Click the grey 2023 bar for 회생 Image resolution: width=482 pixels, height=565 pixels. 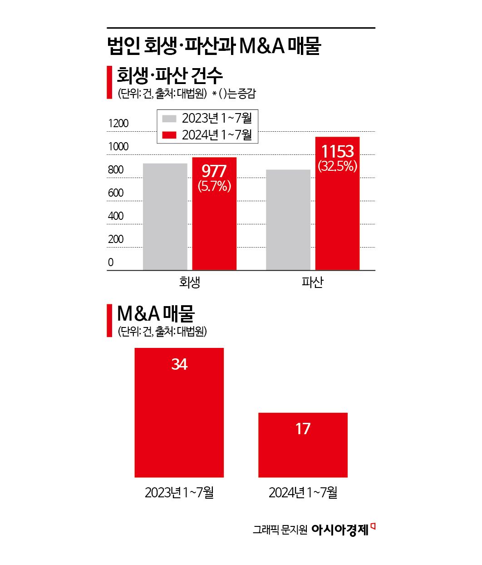(165, 217)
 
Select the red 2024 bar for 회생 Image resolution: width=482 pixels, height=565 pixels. (214, 227)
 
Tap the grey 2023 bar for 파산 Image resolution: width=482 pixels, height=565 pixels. (288, 220)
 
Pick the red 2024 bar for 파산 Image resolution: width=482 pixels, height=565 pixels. (337, 218)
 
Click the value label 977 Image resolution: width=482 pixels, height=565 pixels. (214, 171)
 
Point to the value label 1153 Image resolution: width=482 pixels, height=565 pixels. (337, 151)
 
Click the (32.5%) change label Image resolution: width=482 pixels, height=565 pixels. (338, 166)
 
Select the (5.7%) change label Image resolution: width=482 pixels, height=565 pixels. (214, 186)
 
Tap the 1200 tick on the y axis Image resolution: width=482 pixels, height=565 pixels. (118, 124)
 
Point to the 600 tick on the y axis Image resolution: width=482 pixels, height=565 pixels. (116, 193)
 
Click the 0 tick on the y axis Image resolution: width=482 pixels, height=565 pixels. (111, 263)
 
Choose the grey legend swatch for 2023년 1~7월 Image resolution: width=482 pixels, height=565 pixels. (169, 119)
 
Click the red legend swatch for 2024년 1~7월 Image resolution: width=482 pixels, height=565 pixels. (169, 135)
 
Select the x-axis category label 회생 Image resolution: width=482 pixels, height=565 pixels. (190, 282)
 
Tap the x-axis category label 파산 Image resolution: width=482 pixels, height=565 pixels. (312, 282)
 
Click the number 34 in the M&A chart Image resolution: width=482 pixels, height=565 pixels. (179, 364)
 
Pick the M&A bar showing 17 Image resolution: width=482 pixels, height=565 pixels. (303, 445)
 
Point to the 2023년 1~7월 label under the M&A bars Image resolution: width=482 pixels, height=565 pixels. (179, 492)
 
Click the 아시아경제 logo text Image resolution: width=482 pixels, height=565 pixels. (340, 530)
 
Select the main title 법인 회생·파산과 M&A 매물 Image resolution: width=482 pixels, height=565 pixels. (214, 46)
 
